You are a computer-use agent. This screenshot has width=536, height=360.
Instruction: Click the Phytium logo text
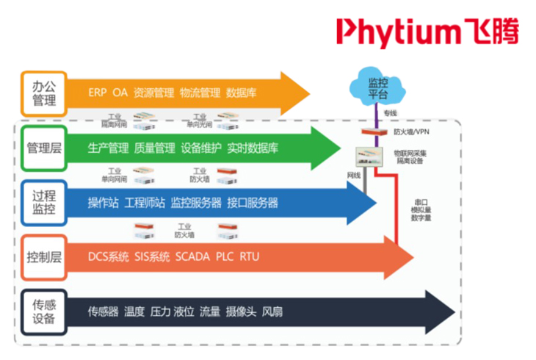427,30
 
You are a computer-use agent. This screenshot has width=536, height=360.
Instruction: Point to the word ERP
97,93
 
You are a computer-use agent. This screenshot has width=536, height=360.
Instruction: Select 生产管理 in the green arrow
108,148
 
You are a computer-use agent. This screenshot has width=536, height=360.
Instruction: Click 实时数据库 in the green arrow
253,148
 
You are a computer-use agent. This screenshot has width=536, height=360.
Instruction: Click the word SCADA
192,257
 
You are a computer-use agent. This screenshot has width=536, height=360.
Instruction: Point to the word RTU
249,257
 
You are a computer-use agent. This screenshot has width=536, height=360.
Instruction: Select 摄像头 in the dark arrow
241,312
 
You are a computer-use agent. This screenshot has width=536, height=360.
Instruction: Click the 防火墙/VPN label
410,132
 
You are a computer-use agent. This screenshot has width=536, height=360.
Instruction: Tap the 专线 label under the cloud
390,114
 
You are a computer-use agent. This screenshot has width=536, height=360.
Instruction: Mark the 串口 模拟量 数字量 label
421,209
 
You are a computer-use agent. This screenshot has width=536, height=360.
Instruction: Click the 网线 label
354,176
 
